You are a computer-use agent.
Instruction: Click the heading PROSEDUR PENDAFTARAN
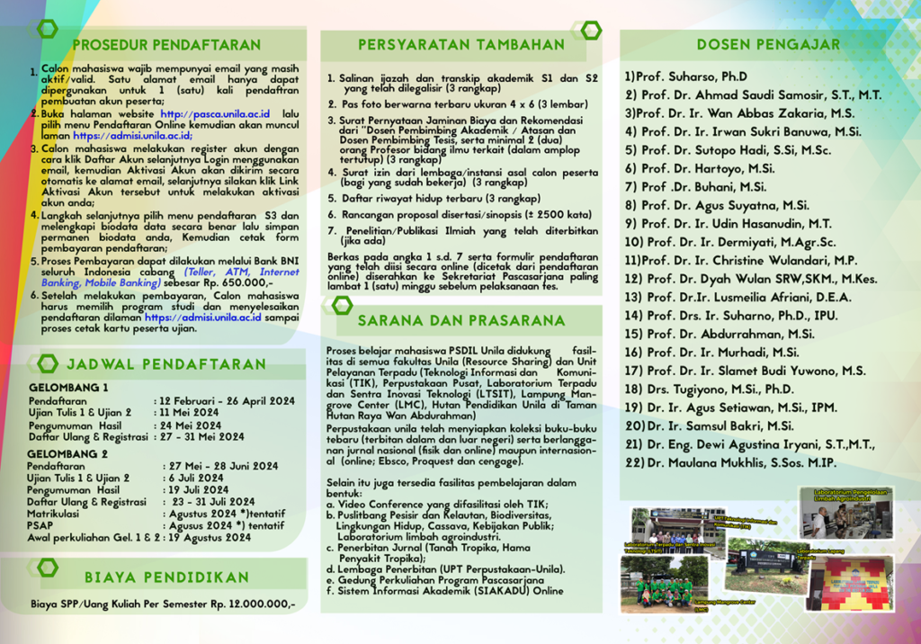point(166,44)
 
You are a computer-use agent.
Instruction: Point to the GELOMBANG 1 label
point(68,388)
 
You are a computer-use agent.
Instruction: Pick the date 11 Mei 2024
point(191,413)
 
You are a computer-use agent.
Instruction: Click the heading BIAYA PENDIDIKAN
point(166,577)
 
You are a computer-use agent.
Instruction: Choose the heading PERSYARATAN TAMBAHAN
point(461,44)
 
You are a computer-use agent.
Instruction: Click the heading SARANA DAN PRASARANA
point(461,320)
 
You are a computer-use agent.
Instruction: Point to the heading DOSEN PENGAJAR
point(769,44)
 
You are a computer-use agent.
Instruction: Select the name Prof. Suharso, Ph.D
point(686,76)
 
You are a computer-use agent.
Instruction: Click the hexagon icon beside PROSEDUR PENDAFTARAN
point(48,30)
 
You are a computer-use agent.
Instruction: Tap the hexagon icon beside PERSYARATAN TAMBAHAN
point(590,30)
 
